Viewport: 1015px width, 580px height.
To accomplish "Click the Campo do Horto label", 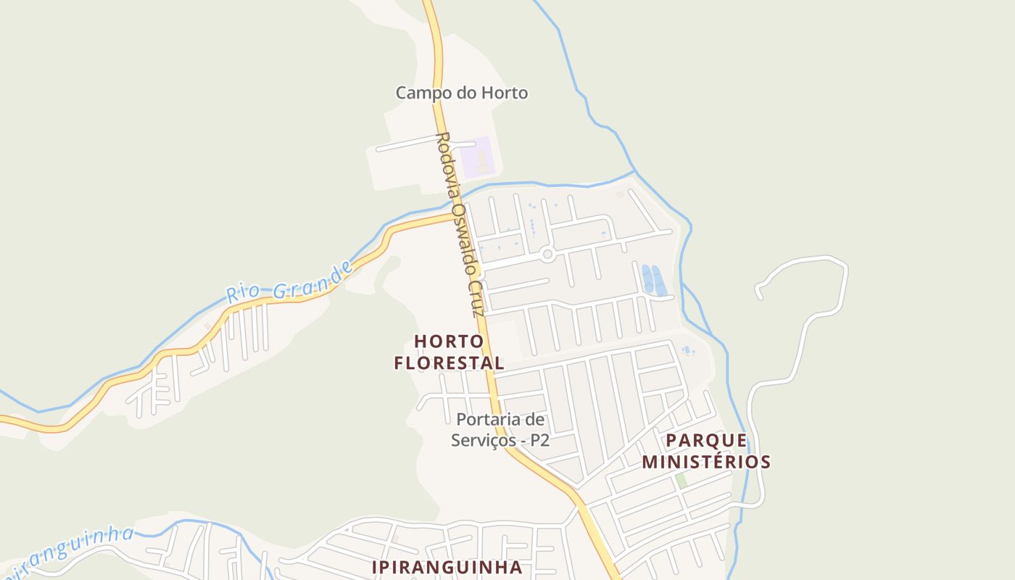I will click(461, 93).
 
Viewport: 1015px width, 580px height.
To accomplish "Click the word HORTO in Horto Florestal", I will click(449, 341).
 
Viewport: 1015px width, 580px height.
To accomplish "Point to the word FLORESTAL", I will click(449, 362).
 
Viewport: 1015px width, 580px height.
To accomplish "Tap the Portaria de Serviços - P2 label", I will click(500, 430).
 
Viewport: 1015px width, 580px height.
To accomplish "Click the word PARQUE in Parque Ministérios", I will click(706, 441).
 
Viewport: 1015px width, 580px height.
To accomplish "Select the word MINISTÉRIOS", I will click(706, 462).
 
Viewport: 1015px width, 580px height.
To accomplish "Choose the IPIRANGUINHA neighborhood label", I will click(447, 567).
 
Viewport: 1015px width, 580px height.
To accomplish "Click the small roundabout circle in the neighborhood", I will click(547, 254).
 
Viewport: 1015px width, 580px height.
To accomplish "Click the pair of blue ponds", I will click(653, 280).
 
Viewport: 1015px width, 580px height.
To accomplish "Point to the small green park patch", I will click(681, 480).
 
